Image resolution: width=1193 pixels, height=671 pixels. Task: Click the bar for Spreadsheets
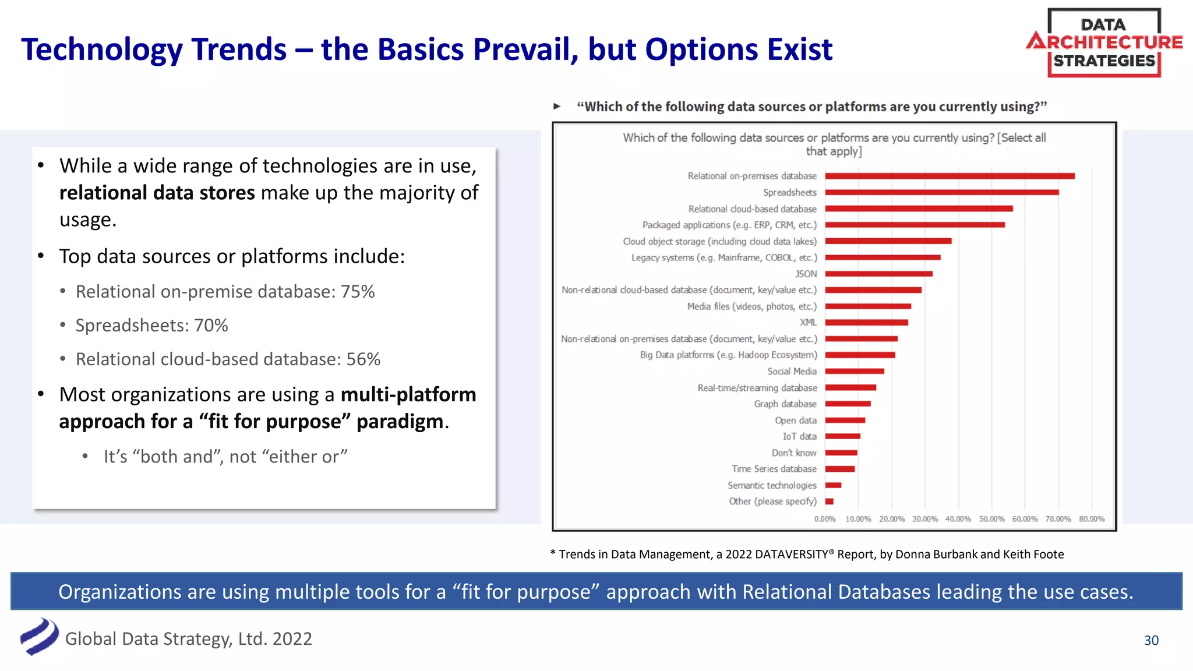(941, 192)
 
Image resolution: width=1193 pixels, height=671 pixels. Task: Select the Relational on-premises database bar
(950, 176)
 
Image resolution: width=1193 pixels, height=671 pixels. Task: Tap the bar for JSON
(878, 274)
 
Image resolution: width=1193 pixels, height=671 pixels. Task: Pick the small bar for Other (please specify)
(830, 502)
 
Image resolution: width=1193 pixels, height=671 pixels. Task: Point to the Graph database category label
(785, 404)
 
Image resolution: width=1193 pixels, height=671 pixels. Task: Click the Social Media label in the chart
(792, 371)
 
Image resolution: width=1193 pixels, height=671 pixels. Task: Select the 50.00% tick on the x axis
(991, 519)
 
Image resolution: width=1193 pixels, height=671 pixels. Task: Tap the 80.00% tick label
(1091, 519)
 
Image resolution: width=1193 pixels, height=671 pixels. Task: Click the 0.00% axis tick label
(825, 519)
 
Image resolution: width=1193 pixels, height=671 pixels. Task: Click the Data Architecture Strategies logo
(1104, 43)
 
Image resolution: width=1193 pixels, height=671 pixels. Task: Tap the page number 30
(1151, 640)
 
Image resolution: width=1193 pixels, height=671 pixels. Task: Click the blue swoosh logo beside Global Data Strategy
(39, 637)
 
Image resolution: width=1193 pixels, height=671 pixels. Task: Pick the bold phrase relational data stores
(157, 193)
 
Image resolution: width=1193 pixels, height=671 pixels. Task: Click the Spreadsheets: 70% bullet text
(151, 325)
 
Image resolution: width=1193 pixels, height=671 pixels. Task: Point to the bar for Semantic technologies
(833, 485)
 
